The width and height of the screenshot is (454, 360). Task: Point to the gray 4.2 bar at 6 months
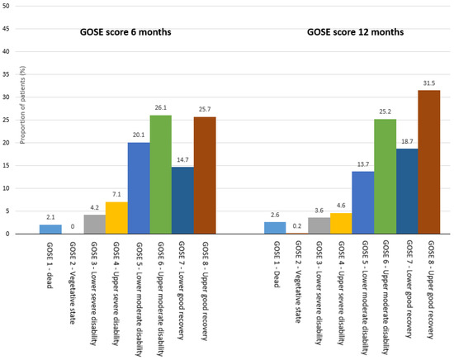[x=96, y=224]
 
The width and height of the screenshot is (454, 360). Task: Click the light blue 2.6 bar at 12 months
[x=276, y=227]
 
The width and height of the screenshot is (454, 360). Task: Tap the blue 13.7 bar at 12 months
[x=363, y=202]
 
